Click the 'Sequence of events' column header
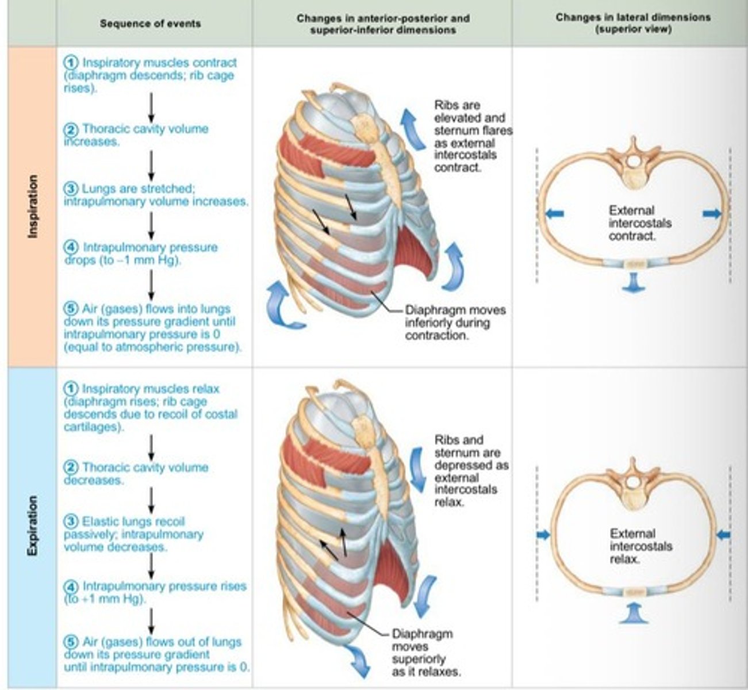[150, 24]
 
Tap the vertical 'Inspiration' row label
[33, 206]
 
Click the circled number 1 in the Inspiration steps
[71, 63]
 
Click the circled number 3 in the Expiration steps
[71, 522]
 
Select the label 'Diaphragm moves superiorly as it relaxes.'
[425, 652]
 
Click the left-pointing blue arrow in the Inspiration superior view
[554, 214]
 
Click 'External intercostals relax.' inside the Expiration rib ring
[640, 546]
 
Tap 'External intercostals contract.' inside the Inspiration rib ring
[639, 223]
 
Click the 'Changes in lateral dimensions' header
[632, 23]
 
